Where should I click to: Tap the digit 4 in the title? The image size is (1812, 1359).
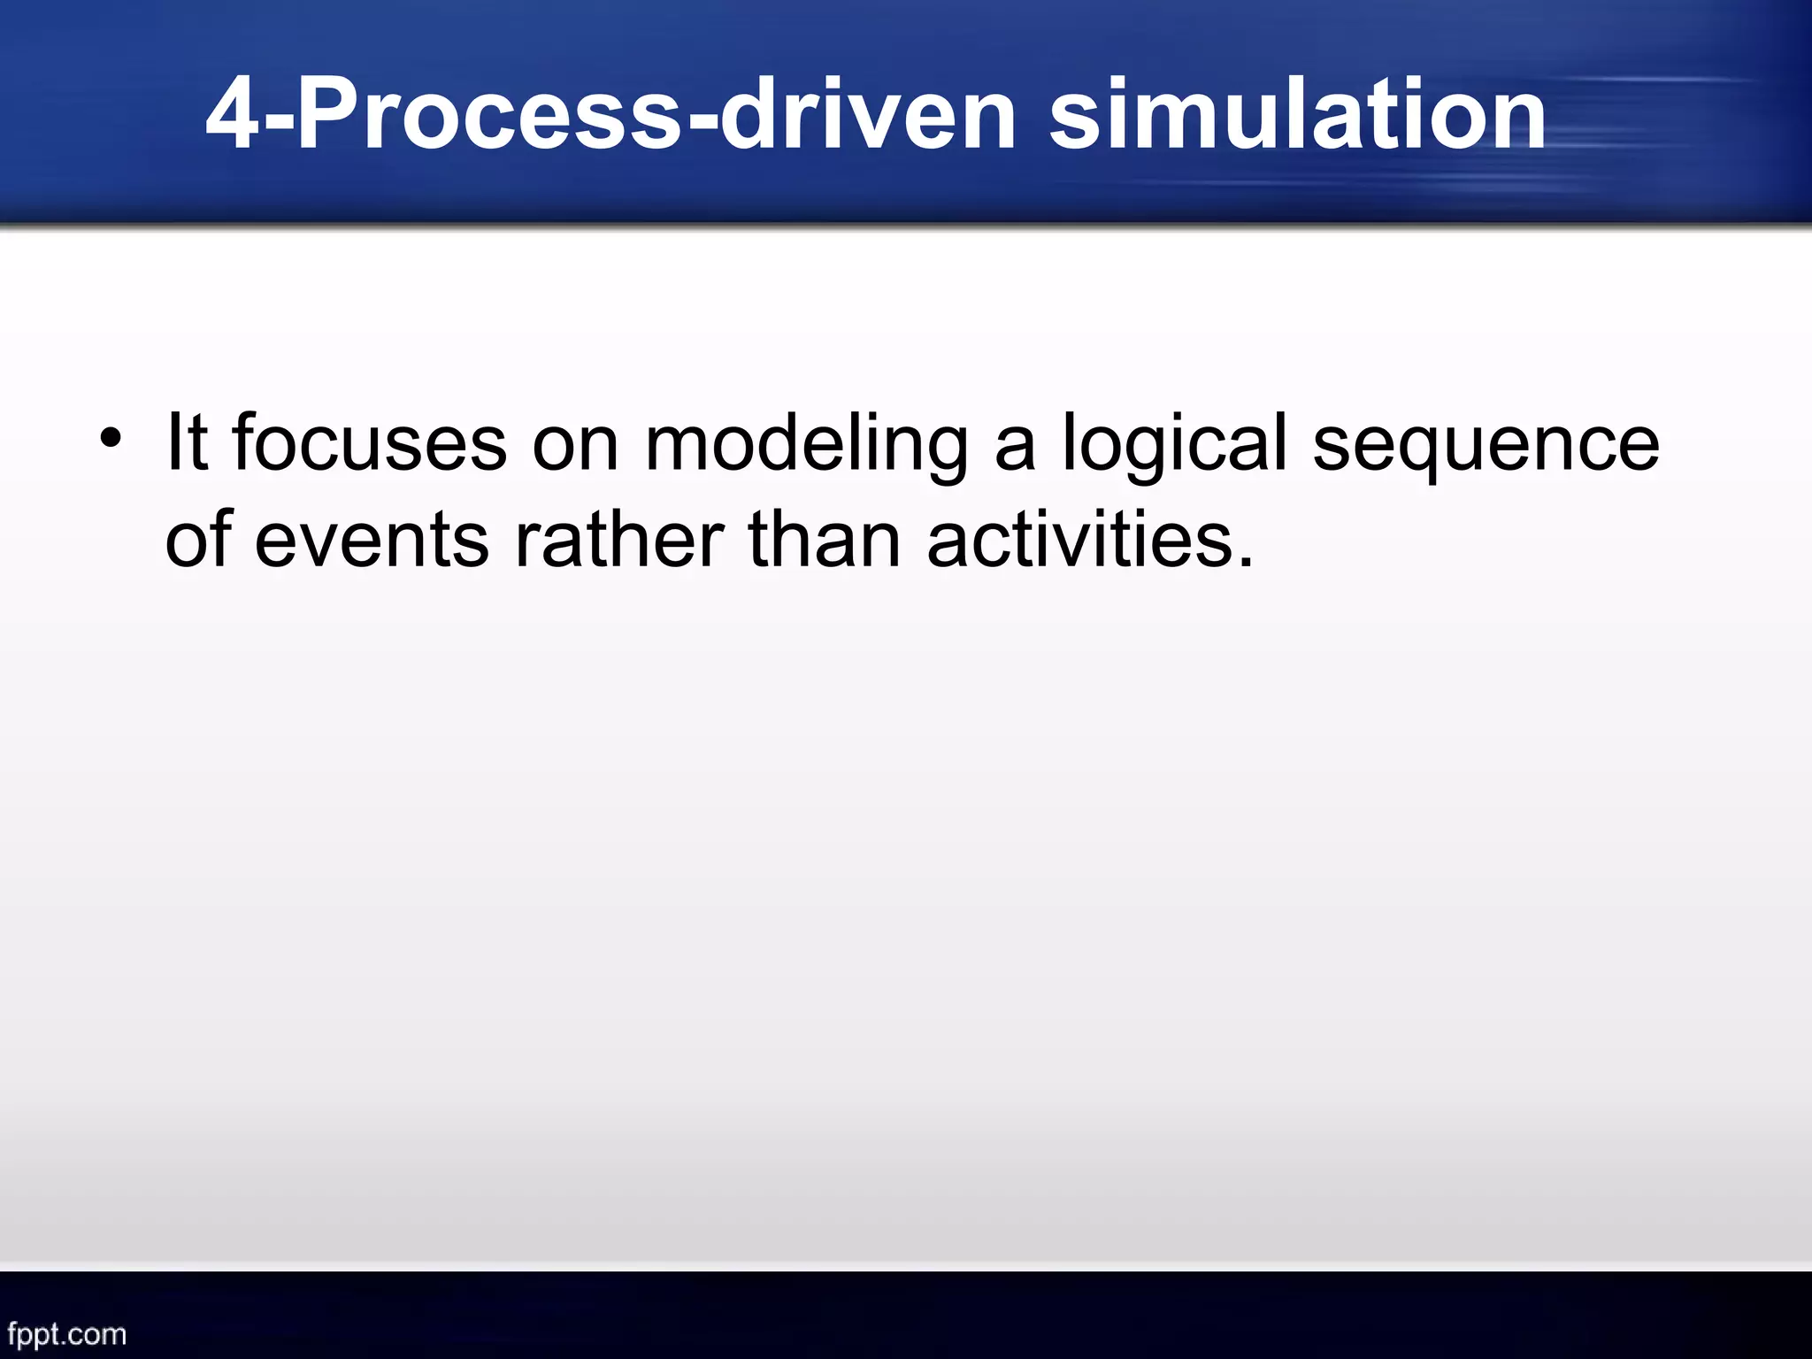pos(233,116)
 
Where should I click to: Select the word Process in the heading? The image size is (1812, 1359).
pos(489,116)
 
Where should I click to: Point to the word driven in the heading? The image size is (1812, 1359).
pos(867,116)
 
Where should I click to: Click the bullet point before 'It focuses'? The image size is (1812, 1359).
pos(110,439)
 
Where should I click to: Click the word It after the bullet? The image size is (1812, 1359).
pos(187,442)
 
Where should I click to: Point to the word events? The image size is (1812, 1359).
pos(372,541)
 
